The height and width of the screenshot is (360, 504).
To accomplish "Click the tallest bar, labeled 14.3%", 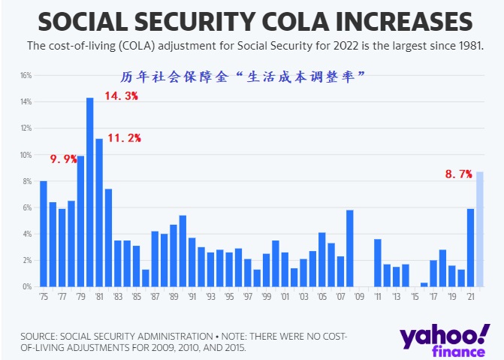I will (90, 192).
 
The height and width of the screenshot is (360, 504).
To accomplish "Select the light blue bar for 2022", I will (480, 229).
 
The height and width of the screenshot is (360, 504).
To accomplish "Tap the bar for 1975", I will (44, 234).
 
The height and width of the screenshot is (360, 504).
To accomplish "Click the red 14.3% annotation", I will (121, 96).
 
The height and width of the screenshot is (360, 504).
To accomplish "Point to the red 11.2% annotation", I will (124, 138).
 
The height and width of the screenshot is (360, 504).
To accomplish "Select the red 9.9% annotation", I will (63, 159).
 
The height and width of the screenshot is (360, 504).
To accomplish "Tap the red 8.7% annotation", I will (458, 174).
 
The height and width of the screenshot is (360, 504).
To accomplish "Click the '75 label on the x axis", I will (44, 297).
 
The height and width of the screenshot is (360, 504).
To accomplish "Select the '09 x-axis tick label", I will (359, 297).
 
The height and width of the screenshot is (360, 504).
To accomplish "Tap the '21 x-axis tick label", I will (470, 297).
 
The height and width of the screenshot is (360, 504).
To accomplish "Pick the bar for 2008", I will (350, 249).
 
